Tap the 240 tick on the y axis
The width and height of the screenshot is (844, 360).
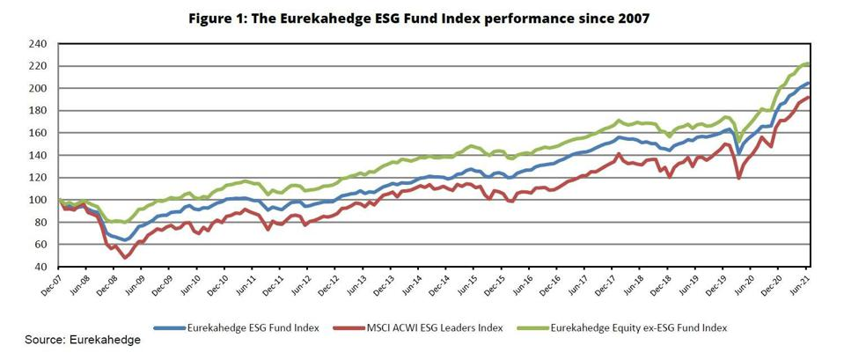pos(36,44)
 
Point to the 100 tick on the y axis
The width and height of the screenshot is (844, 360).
pos(36,200)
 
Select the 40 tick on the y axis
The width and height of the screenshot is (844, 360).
pos(38,267)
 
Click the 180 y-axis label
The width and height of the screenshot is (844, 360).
pos(36,111)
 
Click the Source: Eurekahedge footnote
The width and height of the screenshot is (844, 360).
pos(83,340)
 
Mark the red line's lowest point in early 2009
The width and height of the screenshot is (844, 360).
pos(126,258)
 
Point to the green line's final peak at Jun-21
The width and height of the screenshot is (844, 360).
pos(808,64)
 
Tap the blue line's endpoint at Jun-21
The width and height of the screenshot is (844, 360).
pos(809,83)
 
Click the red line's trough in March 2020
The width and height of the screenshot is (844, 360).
pos(738,179)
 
